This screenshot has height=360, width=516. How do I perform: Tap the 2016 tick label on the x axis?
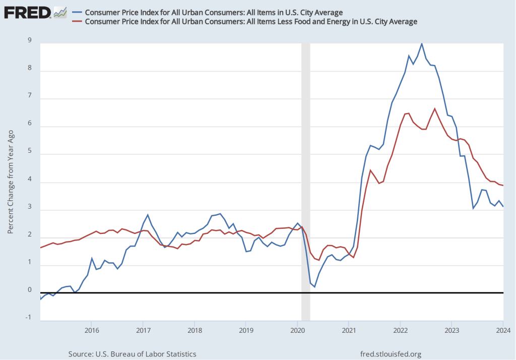91,330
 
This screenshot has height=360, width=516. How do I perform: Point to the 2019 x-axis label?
245,330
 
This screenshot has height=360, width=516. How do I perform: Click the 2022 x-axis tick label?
400,330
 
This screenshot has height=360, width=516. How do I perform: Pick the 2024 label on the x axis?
503,330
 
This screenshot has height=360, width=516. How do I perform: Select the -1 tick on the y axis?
29,317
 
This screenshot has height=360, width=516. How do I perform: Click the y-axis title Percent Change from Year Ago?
11,181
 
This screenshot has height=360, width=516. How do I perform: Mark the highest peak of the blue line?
422,44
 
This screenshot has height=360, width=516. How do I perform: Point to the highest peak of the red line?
434,108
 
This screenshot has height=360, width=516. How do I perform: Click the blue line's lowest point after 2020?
314,287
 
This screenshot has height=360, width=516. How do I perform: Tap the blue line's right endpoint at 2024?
503,207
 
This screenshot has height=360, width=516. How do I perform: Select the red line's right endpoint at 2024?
503,186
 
